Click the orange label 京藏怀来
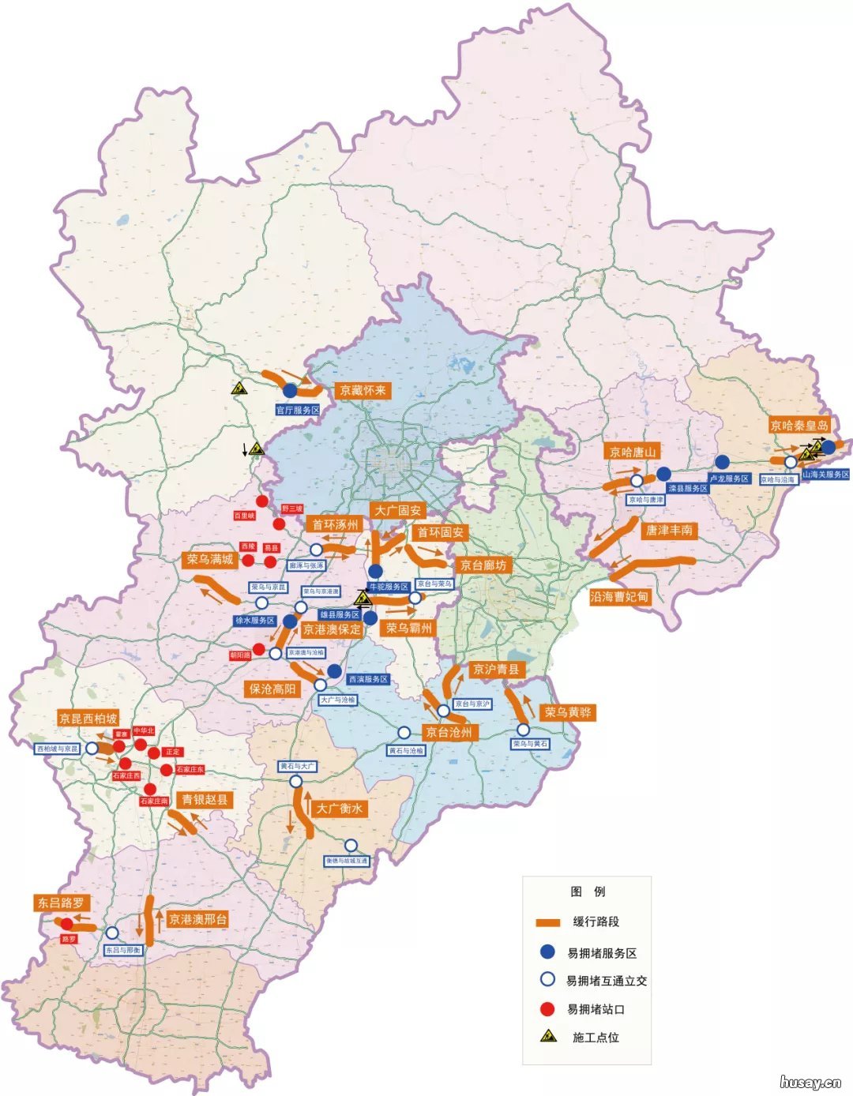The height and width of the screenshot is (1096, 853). pos(364,390)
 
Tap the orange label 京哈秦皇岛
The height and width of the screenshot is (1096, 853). pos(800,426)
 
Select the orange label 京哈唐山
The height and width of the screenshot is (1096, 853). pos(633,452)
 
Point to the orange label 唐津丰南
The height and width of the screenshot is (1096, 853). pos(669,530)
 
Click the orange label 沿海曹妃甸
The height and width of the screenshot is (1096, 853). pos(619,597)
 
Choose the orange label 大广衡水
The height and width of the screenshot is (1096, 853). pos(339,809)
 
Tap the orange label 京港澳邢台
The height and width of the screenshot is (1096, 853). pos(197,919)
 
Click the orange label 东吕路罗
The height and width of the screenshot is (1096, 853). pos(61,903)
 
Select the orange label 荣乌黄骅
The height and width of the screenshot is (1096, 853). pos(567,712)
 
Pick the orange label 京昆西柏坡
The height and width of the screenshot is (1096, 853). pos(88,719)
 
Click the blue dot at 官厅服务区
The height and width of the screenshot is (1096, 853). pos(290,391)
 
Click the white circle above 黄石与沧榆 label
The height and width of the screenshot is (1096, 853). pos(404,733)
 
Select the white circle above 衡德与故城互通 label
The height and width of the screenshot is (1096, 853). pos(351,846)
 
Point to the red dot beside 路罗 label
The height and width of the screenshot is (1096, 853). pos(67,924)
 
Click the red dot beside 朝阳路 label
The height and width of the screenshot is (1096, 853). pos(258,649)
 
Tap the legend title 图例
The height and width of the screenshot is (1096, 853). pos(588,891)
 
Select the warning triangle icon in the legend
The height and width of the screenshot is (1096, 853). pos(547,1037)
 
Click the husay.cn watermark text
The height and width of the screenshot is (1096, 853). pos(810,1082)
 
